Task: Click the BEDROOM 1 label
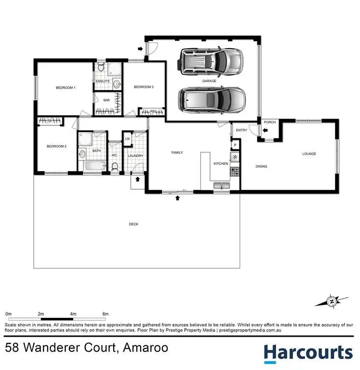coord(65,88)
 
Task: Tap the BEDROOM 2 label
coord(56,146)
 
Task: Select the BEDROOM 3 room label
coord(144,87)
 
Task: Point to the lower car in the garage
coord(212,100)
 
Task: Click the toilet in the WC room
coord(115,166)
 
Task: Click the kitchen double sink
coord(222,185)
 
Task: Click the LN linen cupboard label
coord(128,139)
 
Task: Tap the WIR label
coord(107,100)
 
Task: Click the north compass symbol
coord(332,302)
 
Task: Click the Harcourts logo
coord(308,353)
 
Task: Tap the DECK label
coord(133,224)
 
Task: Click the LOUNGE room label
coord(309,154)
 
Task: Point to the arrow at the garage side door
coord(140,49)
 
